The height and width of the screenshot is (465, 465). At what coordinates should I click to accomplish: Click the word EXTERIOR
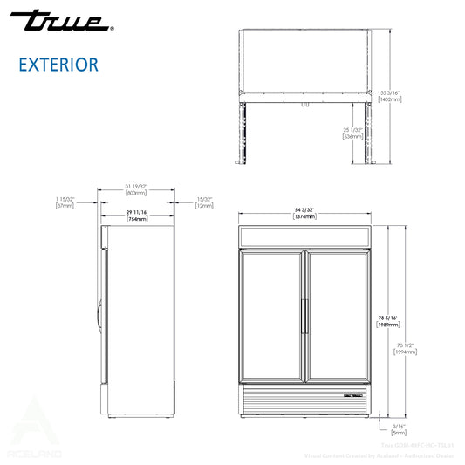coord(58,64)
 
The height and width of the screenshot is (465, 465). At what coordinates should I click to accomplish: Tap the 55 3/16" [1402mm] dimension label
coord(390,94)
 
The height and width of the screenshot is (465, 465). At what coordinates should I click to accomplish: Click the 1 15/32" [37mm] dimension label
coord(64,202)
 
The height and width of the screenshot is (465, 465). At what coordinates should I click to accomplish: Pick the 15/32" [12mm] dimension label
coord(205,202)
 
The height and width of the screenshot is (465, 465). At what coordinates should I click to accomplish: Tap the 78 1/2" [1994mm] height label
coord(403,347)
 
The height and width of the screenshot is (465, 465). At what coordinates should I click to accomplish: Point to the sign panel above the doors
coord(304,236)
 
